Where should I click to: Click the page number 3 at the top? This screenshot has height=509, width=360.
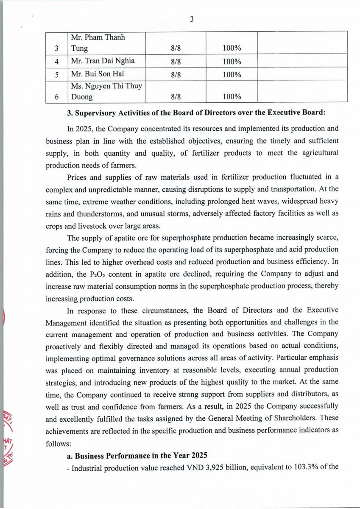pos(192,19)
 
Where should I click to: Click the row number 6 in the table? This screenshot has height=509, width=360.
pos(57,97)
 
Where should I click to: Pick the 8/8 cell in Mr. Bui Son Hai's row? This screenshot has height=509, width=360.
pos(176,75)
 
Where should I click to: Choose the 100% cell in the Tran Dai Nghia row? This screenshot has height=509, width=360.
pos(232,62)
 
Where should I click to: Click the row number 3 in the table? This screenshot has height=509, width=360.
pos(57,49)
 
